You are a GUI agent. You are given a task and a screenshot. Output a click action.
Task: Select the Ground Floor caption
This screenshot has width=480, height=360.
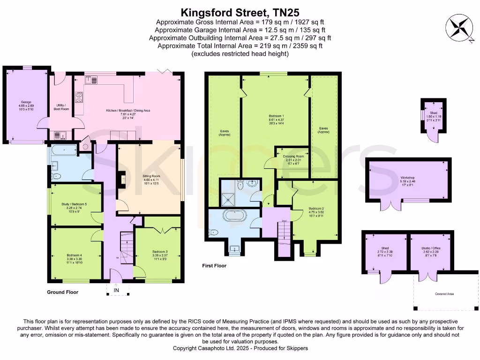[x=62, y=292]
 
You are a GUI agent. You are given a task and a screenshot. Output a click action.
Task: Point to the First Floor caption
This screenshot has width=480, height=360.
[x=214, y=266]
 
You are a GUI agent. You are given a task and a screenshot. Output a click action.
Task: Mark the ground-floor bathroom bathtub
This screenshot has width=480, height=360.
[x=63, y=150]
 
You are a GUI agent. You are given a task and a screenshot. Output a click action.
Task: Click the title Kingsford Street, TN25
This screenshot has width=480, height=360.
[x=240, y=12]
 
